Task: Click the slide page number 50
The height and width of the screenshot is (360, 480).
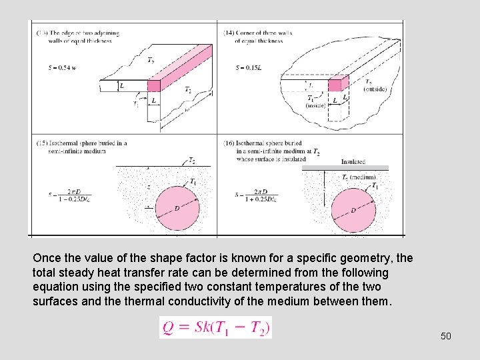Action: pos(446,335)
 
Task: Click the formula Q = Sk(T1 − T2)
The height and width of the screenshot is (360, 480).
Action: pos(215,327)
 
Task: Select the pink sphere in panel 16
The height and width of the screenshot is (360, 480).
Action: pos(353,209)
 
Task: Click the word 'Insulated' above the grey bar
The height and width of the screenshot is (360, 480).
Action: pos(353,161)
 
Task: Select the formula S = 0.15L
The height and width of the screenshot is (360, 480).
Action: pos(249,68)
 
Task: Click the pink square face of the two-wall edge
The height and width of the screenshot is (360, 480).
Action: pos(154,85)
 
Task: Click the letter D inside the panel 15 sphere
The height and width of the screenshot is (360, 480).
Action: pos(177,209)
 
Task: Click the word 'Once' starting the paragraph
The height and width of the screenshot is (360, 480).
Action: pos(47,257)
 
